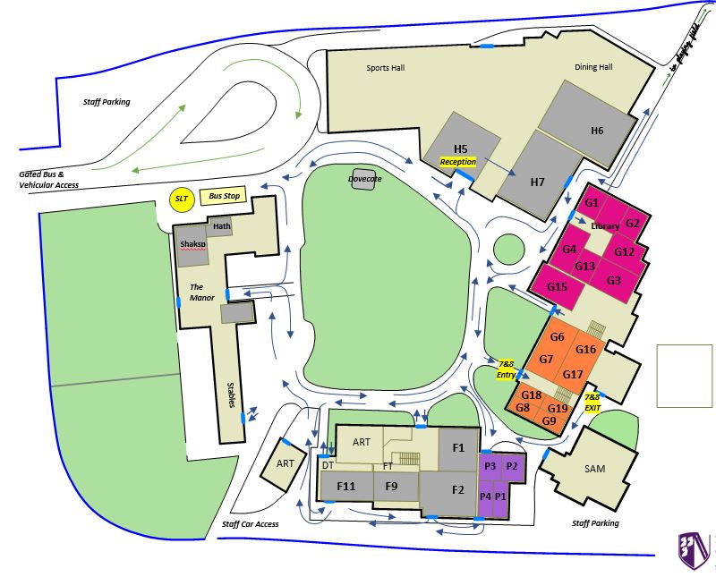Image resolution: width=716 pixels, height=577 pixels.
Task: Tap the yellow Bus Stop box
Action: click(221, 196)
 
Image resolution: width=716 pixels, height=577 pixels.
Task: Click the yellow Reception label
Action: click(457, 162)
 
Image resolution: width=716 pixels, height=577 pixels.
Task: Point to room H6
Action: click(597, 131)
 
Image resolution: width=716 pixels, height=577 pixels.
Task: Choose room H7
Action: click(537, 182)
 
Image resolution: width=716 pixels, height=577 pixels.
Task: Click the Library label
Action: click(605, 227)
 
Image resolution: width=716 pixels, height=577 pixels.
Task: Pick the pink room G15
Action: click(558, 287)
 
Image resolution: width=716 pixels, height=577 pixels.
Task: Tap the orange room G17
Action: click(574, 373)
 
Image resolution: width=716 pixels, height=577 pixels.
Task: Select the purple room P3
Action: click(490, 466)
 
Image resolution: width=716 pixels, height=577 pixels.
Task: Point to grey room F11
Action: click(345, 487)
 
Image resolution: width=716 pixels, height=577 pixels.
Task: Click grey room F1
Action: click(458, 447)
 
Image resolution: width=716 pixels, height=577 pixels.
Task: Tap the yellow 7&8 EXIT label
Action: click(592, 402)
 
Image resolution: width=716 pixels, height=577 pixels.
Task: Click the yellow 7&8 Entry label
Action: click(506, 369)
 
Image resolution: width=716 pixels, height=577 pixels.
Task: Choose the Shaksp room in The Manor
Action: click(192, 244)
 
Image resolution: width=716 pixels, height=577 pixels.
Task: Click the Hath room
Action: click(222, 226)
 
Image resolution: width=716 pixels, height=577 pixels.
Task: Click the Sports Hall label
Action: click(386, 68)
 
